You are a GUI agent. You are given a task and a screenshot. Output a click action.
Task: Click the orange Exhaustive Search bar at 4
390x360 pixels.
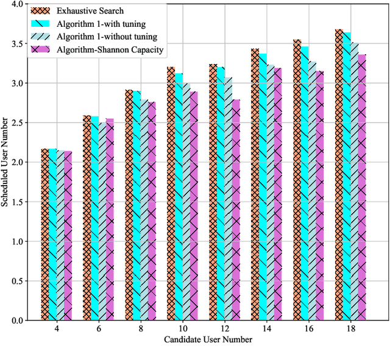[45, 235]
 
